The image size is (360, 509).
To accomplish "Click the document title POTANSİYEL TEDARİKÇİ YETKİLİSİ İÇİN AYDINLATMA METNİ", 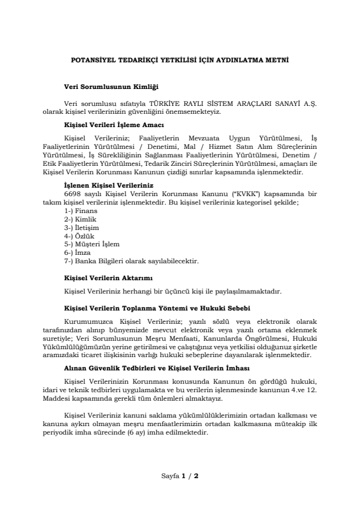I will coord(180,61).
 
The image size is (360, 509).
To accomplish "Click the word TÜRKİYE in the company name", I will coord(180,104).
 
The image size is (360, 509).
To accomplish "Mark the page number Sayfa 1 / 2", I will coord(180,476).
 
